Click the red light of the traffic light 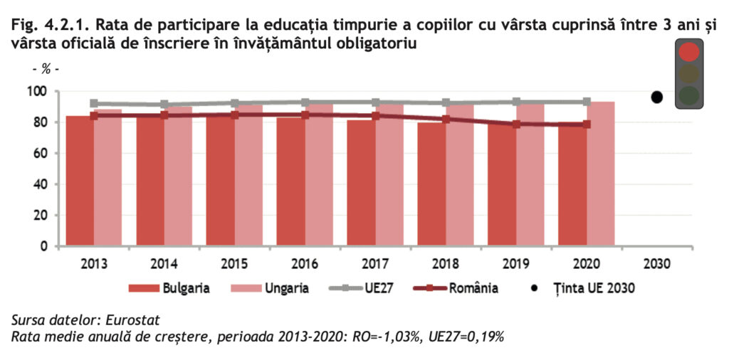(688, 52)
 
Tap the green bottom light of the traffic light (688, 95)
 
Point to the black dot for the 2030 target (657, 97)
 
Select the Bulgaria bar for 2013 (79, 181)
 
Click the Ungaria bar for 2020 (601, 174)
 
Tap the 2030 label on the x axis (657, 263)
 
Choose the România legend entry (456, 288)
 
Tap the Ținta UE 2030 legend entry (583, 288)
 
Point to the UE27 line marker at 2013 (94, 103)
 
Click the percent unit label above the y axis (46, 69)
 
